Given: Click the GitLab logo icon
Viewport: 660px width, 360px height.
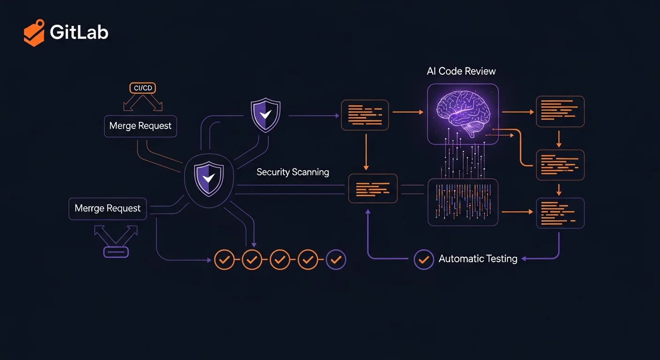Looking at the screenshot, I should pos(34,32).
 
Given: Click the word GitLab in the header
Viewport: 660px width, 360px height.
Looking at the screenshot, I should pos(79,32).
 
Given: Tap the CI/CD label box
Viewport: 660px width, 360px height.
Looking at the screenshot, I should pos(142,88).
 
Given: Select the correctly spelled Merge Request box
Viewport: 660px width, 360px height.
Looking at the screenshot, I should pos(140,126).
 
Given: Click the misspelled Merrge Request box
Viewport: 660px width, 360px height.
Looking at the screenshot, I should pos(108,209).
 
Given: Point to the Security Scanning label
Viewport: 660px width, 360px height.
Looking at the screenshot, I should pos(292,172).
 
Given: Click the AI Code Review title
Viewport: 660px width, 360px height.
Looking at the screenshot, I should pos(461,71).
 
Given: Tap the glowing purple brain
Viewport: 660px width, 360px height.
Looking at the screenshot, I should pos(463,114).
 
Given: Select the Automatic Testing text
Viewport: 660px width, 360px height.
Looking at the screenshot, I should pos(478,259).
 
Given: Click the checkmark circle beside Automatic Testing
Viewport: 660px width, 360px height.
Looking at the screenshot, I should pos(424,259).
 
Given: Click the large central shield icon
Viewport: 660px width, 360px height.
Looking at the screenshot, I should pos(209,179).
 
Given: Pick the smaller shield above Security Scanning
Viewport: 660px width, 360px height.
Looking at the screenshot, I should pos(265,115).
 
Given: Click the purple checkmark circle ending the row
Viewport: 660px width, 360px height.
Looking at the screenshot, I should pos(336,259).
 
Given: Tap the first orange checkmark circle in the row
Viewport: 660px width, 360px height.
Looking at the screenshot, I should pos(224,259).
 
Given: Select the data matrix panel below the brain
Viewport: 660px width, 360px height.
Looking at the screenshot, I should pos(463,202).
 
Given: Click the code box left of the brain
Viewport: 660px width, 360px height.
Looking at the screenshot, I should pos(365,115).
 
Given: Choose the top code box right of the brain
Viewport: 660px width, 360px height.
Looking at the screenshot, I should pos(560,112).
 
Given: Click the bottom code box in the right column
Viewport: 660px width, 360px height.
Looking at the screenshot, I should pos(560,213).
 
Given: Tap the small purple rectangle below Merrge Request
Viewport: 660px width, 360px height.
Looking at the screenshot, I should pos(116,252).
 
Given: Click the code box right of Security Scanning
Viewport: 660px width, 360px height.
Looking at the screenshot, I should pos(373,188).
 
